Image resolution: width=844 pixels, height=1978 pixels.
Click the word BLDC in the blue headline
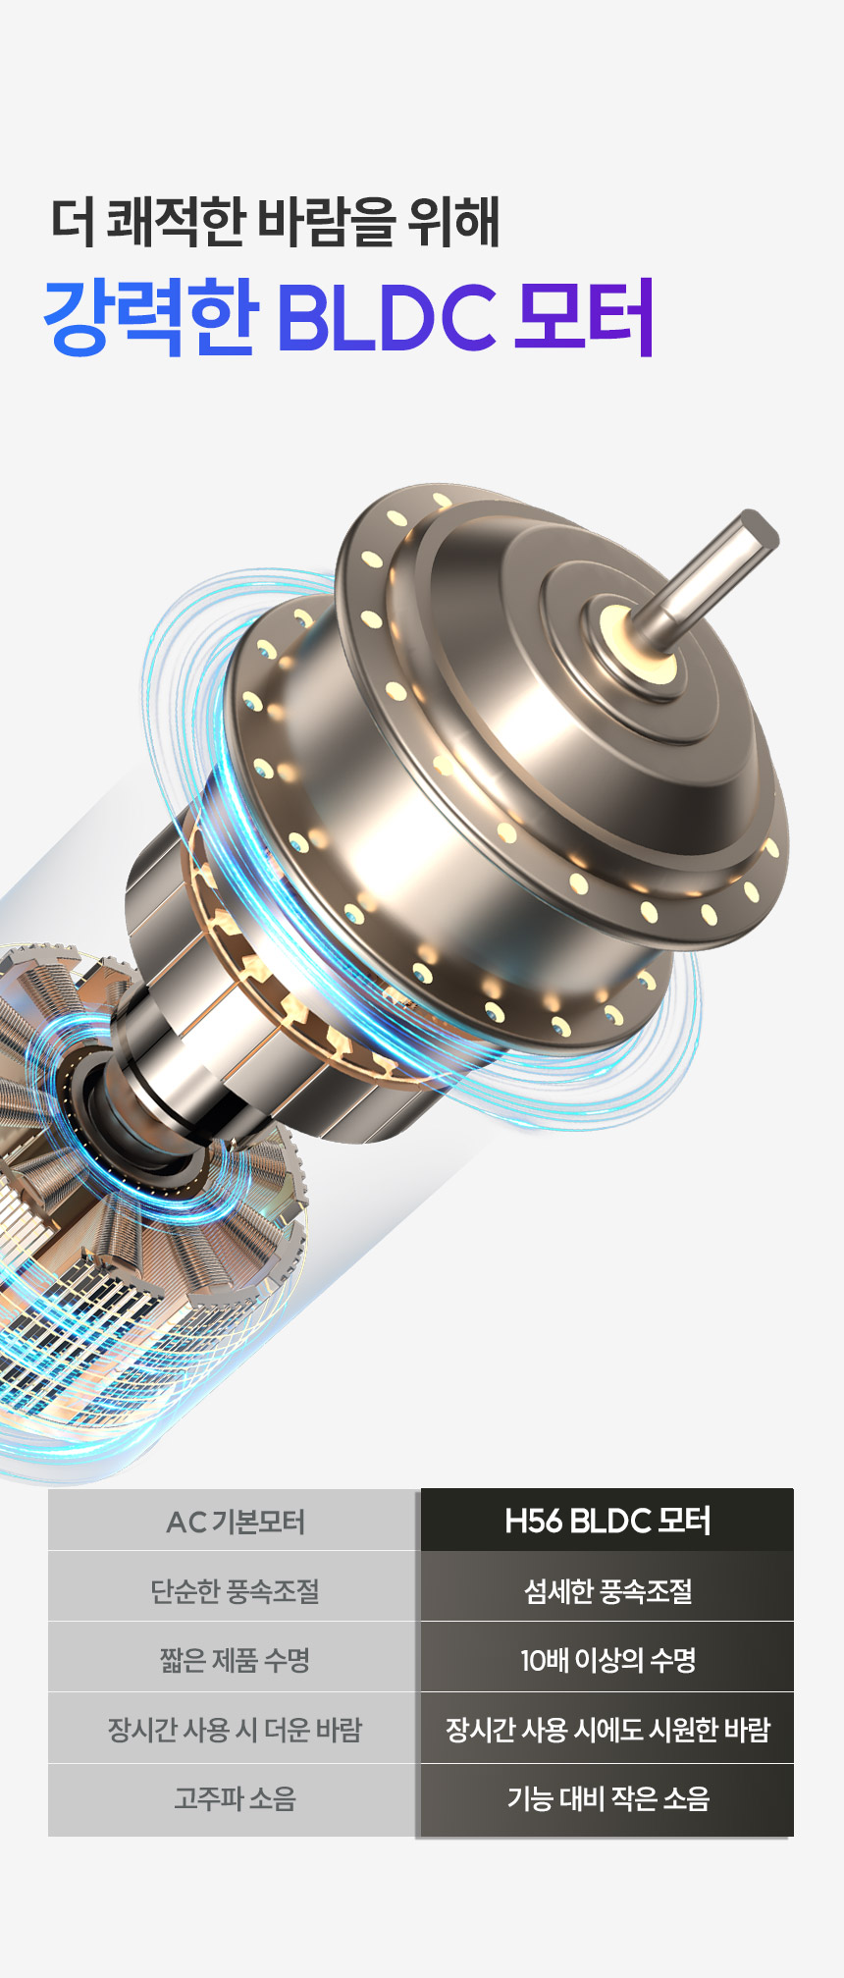[387, 317]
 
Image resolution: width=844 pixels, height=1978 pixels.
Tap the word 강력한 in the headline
[151, 317]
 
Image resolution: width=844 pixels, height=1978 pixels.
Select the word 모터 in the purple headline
[584, 317]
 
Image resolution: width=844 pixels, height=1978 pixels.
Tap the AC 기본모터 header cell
[235, 1521]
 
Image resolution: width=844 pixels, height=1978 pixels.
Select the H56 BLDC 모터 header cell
[607, 1521]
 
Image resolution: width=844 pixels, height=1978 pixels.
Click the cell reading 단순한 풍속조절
[235, 1590]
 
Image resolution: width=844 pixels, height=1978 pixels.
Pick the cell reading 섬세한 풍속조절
[607, 1590]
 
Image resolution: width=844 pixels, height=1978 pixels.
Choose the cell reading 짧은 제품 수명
[235, 1660]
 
